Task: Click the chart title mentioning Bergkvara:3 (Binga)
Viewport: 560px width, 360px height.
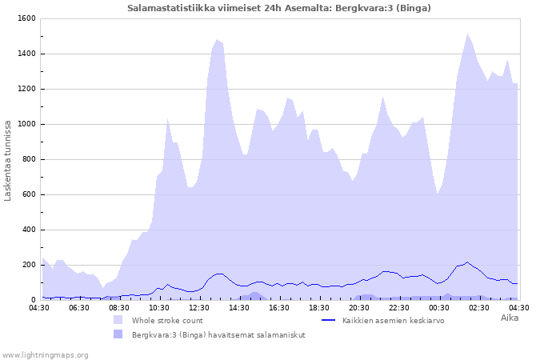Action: point(279,8)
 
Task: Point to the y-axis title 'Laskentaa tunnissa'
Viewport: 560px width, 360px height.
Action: point(8,161)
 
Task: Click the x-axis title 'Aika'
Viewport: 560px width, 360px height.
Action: point(510,318)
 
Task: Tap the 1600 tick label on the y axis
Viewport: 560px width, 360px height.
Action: point(26,18)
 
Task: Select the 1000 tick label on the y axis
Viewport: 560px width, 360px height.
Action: point(26,124)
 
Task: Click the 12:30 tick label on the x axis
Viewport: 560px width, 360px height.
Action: point(199,307)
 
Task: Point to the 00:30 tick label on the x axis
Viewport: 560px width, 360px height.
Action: point(439,307)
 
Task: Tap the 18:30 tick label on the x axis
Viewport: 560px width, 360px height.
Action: point(319,307)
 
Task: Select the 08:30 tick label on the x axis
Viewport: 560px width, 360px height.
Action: point(119,307)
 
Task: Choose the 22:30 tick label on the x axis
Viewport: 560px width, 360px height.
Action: point(399,307)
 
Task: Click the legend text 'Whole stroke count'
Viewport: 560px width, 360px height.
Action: point(167,320)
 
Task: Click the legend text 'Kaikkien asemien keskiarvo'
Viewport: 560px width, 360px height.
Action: point(393,320)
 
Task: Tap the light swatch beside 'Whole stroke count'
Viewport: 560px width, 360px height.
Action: point(118,320)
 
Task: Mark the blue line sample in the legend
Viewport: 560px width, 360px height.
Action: point(328,320)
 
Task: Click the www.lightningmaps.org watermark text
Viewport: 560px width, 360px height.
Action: point(45,354)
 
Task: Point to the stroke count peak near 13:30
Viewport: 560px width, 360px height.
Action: point(217,39)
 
